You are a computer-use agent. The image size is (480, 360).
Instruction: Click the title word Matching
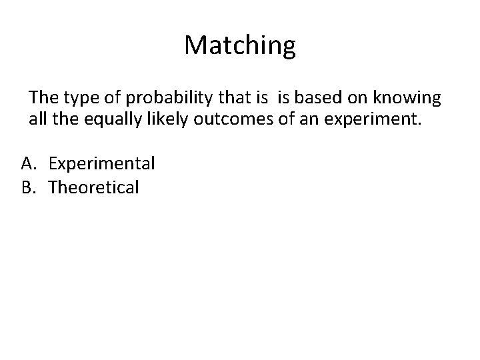click(240, 45)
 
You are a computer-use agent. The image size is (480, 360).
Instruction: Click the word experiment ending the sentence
click(378, 121)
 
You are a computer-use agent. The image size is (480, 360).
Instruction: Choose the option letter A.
click(28, 163)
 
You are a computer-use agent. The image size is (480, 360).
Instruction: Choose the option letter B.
click(28, 187)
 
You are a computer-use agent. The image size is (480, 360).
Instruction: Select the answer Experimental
click(102, 163)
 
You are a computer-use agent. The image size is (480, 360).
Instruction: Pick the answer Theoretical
click(94, 187)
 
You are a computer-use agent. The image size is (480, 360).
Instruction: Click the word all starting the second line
click(37, 120)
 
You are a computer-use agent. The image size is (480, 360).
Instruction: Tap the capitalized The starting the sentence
click(42, 99)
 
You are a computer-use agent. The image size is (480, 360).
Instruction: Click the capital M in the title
click(196, 45)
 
